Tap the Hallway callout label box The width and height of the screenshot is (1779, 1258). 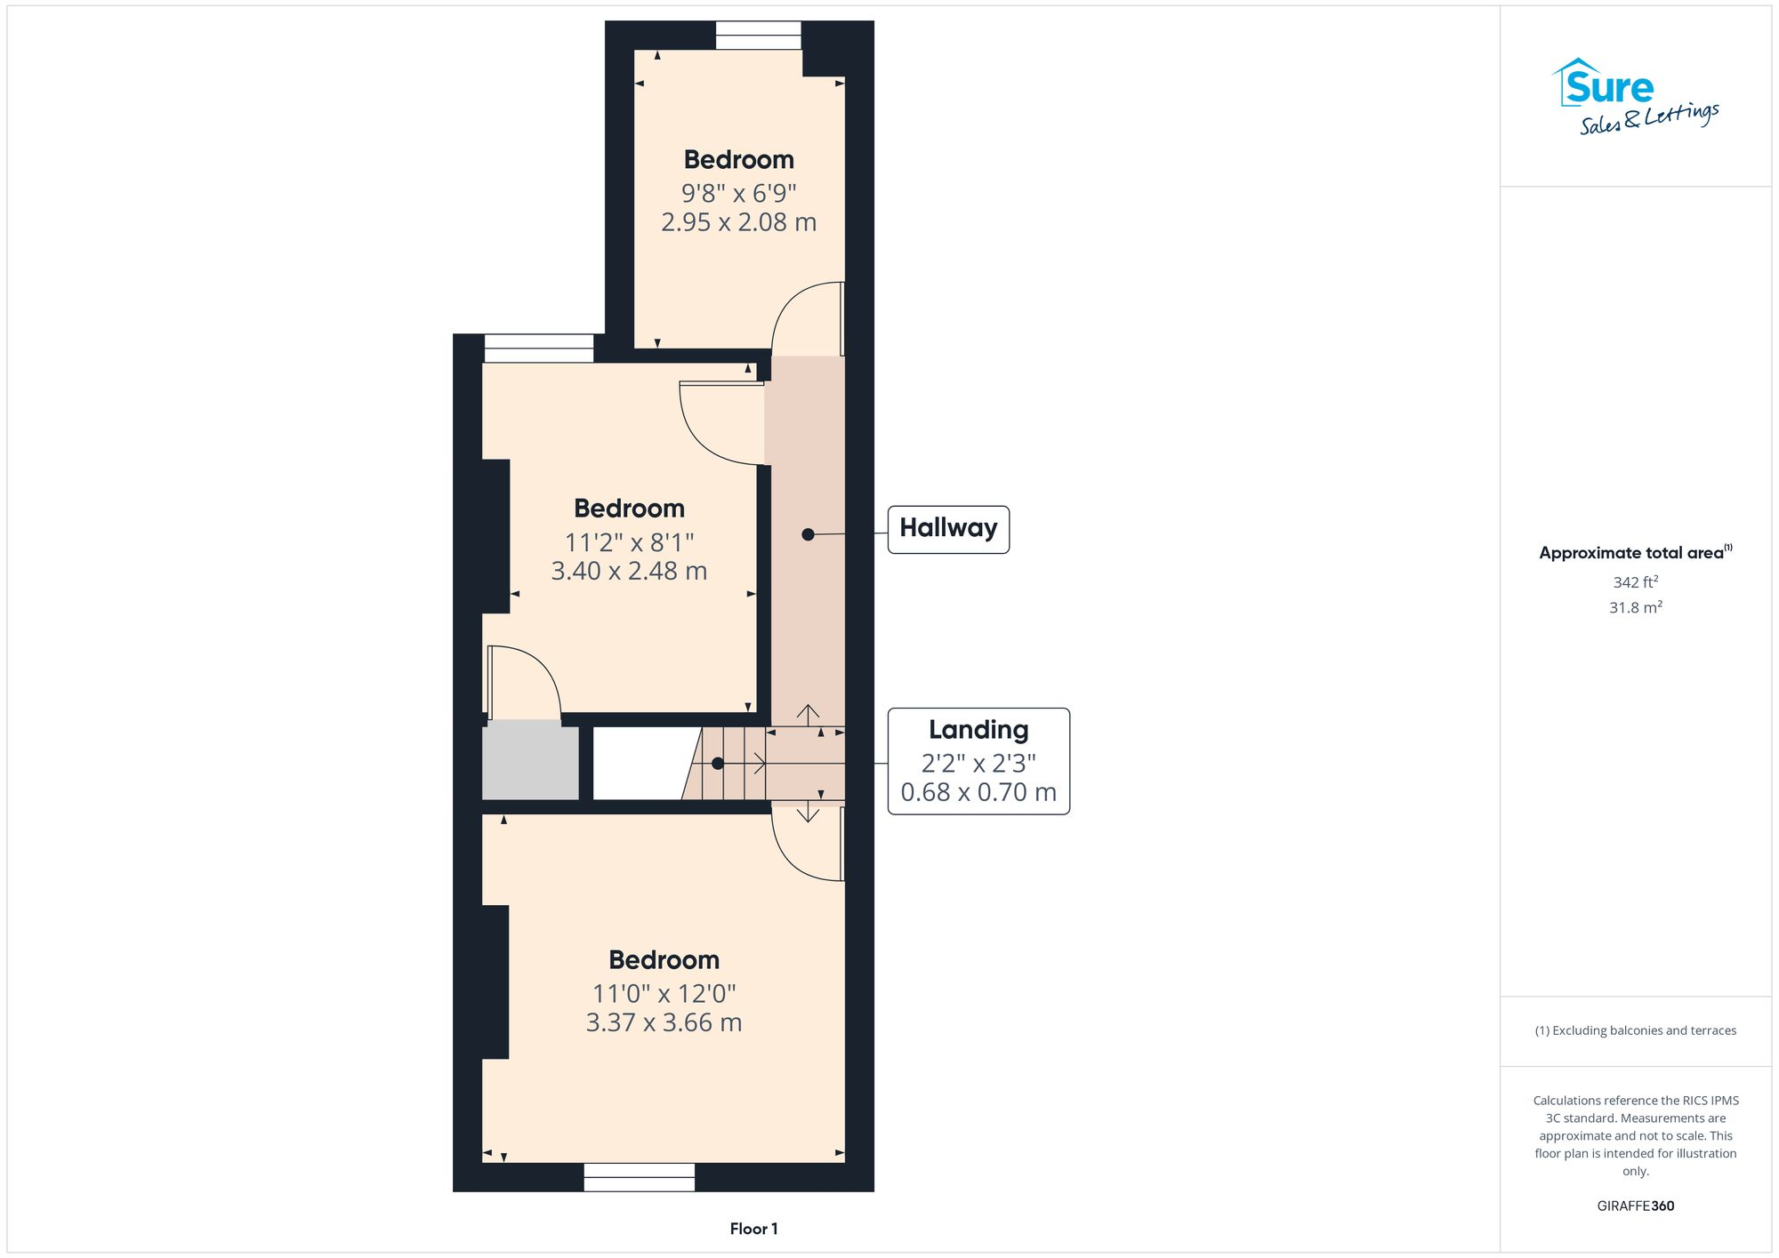point(948,529)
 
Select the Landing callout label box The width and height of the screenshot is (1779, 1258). point(978,761)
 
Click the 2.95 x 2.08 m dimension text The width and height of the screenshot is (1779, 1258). point(738,222)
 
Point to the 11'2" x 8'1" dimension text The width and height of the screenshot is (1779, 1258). point(629,542)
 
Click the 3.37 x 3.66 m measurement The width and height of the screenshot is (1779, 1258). point(664,1023)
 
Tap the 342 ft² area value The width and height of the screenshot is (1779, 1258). point(1635,582)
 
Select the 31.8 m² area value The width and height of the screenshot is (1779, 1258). point(1635,607)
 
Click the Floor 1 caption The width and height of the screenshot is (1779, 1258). point(753,1229)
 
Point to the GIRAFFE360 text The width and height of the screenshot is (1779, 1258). point(1635,1206)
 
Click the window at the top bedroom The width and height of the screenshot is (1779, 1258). point(758,36)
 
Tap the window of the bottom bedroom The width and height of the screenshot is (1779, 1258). point(639,1177)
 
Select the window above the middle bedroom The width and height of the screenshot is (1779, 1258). point(538,348)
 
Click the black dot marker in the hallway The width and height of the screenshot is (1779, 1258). point(808,534)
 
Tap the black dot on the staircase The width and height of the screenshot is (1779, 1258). point(718,763)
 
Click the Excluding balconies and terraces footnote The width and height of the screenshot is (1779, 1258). point(1635,1030)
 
